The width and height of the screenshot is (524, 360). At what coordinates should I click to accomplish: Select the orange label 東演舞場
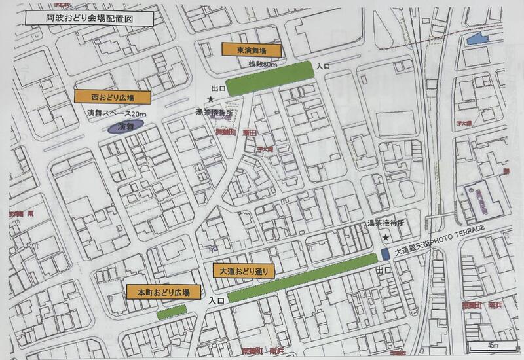pos(251,50)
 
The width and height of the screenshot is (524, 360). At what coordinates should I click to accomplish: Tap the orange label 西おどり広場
pos(113,97)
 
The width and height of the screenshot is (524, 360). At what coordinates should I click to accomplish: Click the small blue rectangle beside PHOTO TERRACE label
pos(384,253)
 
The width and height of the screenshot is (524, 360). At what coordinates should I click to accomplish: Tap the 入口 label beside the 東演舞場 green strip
pos(322,66)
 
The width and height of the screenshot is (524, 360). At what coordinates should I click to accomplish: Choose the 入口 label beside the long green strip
pos(217,300)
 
